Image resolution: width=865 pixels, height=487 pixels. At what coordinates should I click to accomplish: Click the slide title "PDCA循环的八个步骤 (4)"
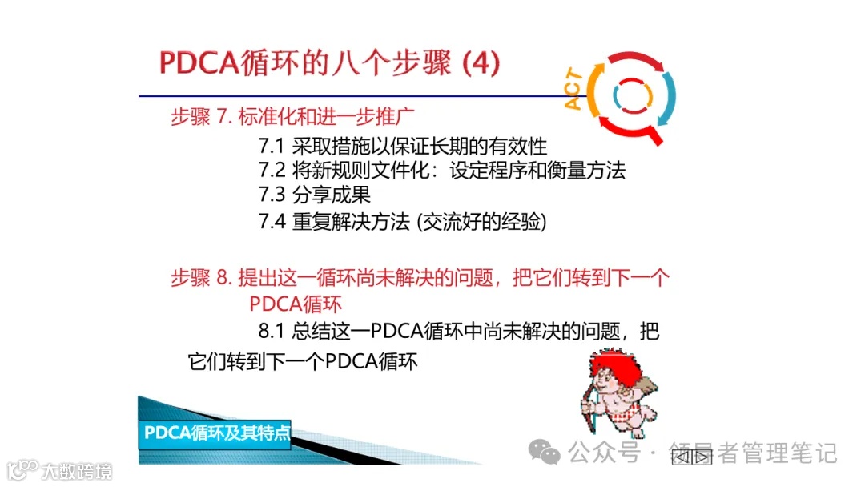pyautogui.click(x=329, y=64)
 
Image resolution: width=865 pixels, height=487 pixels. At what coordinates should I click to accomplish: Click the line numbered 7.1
pyautogui.click(x=402, y=147)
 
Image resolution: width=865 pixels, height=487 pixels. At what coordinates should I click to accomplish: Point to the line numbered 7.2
pyautogui.click(x=441, y=170)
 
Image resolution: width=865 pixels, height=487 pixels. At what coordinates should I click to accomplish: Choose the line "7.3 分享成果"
pyautogui.click(x=314, y=195)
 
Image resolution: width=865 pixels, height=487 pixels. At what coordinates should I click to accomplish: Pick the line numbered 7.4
pyautogui.click(x=402, y=221)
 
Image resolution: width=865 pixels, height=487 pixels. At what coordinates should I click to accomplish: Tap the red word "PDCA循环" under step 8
pyautogui.click(x=296, y=304)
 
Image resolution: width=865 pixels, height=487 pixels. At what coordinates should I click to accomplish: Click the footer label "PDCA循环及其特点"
pyautogui.click(x=217, y=433)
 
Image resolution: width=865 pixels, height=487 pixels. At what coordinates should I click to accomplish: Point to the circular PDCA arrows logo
pyautogui.click(x=633, y=96)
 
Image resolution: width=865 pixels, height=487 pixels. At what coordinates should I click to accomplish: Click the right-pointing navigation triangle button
pyautogui.click(x=702, y=457)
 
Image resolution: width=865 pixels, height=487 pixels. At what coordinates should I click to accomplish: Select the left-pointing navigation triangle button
pyautogui.click(x=682, y=457)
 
